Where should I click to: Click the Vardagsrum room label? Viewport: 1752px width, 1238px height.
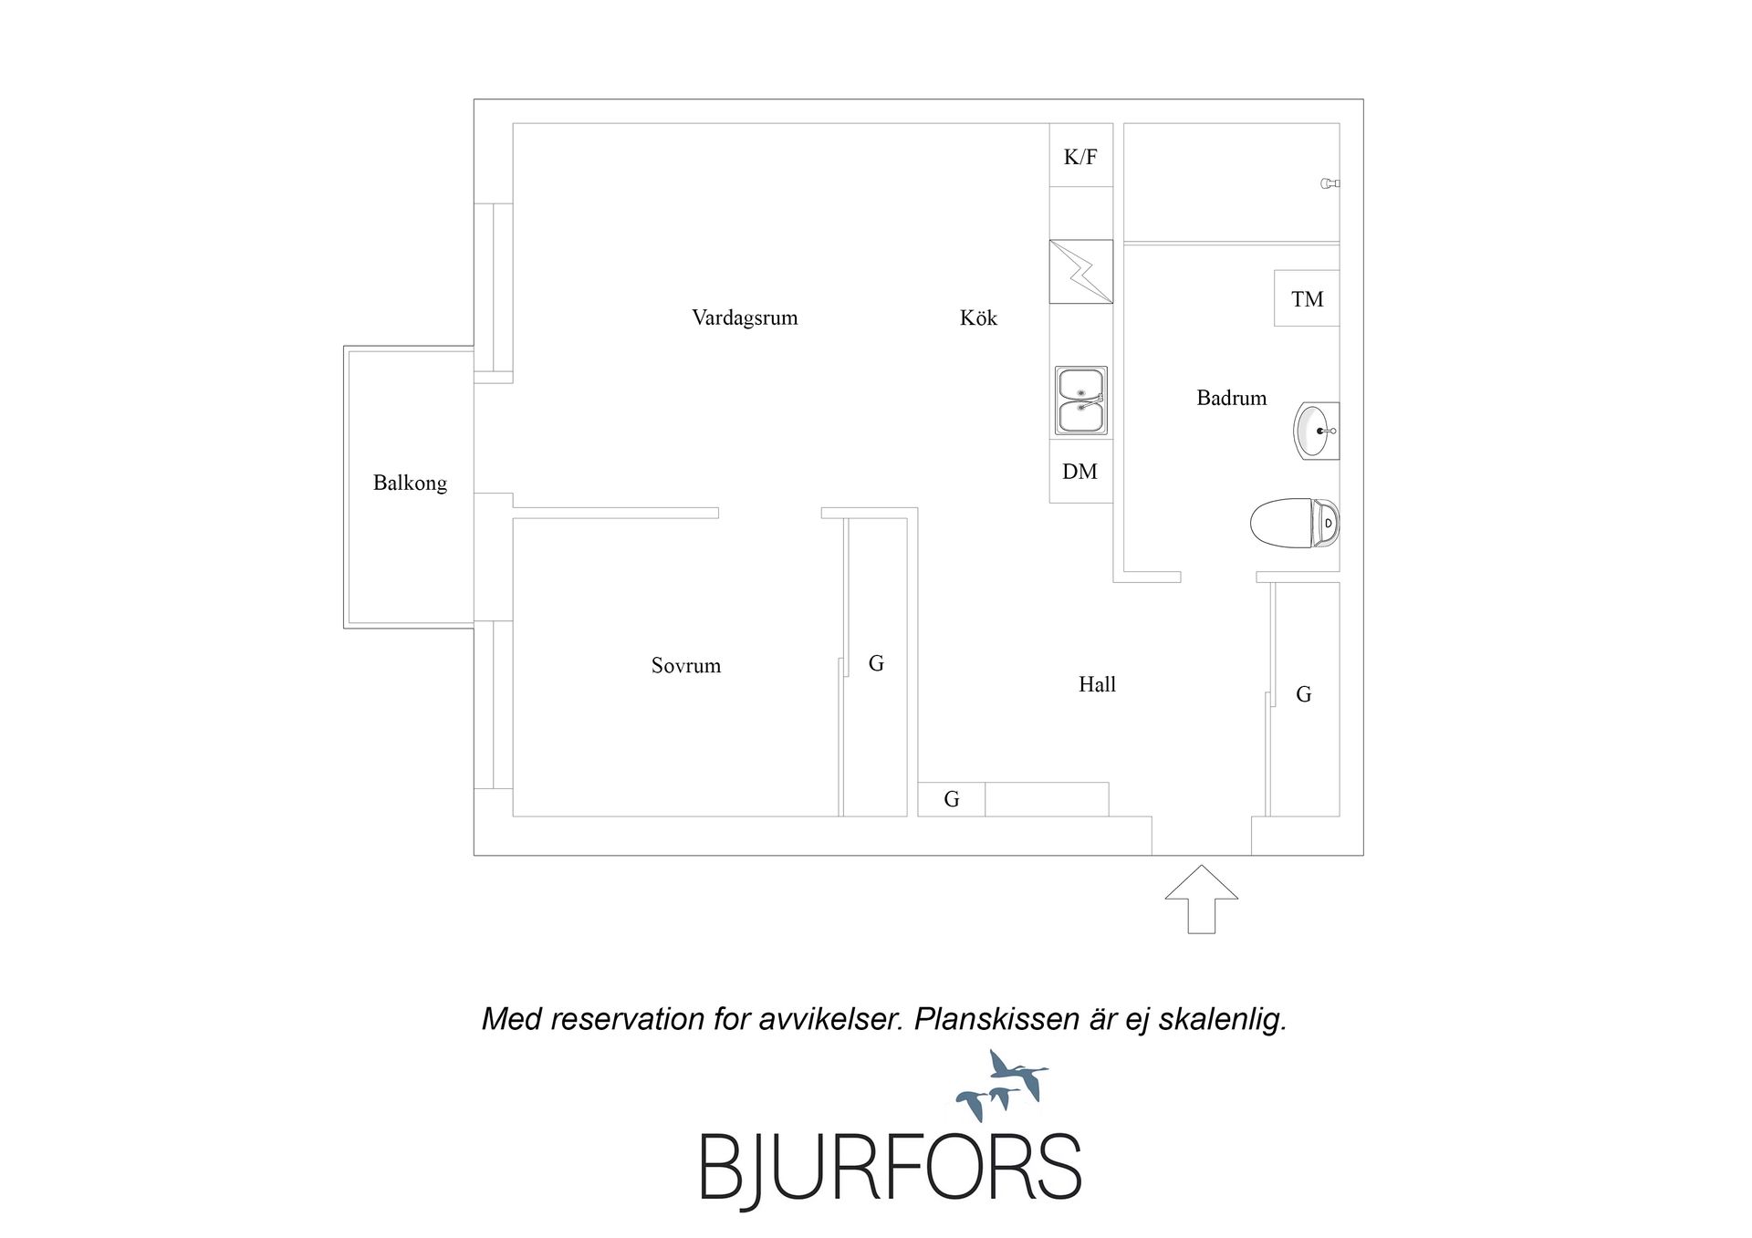pyautogui.click(x=745, y=318)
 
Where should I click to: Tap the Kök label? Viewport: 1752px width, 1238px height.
pyautogui.click(x=978, y=317)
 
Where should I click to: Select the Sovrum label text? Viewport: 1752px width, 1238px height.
pyautogui.click(x=686, y=666)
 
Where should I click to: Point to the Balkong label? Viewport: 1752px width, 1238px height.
pyautogui.click(x=410, y=484)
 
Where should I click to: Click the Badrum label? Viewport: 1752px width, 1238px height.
pyautogui.click(x=1232, y=398)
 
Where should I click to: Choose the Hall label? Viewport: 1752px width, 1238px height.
pyautogui.click(x=1097, y=684)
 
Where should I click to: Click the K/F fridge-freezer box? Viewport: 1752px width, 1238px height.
pyautogui.click(x=1081, y=155)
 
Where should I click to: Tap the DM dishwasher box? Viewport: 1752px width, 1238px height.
pyautogui.click(x=1081, y=471)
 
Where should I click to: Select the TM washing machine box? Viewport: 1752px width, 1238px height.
pyautogui.click(x=1307, y=298)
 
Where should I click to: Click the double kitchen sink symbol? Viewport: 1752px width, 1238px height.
pyautogui.click(x=1081, y=401)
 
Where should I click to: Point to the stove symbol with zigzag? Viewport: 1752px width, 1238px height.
pyautogui.click(x=1081, y=271)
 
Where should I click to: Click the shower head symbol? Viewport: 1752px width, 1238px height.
pyautogui.click(x=1330, y=183)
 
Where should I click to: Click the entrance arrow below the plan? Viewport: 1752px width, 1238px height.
pyautogui.click(x=1202, y=899)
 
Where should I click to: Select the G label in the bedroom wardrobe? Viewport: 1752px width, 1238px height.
pyautogui.click(x=876, y=663)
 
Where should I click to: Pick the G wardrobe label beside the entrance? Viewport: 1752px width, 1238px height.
pyautogui.click(x=1304, y=694)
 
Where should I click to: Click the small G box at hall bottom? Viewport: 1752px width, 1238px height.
pyautogui.click(x=952, y=799)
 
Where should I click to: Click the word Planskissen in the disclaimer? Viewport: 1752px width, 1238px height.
pyautogui.click(x=996, y=1019)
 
